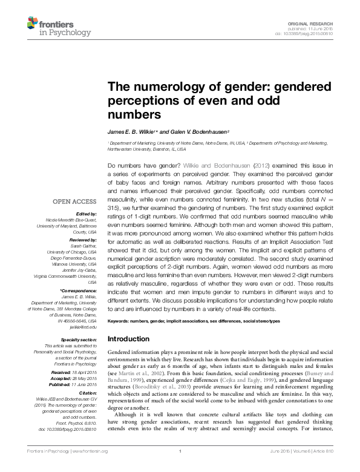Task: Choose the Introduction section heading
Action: click(x=128, y=339)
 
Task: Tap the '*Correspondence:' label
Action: click(x=79, y=291)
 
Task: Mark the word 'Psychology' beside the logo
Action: click(x=73, y=32)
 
